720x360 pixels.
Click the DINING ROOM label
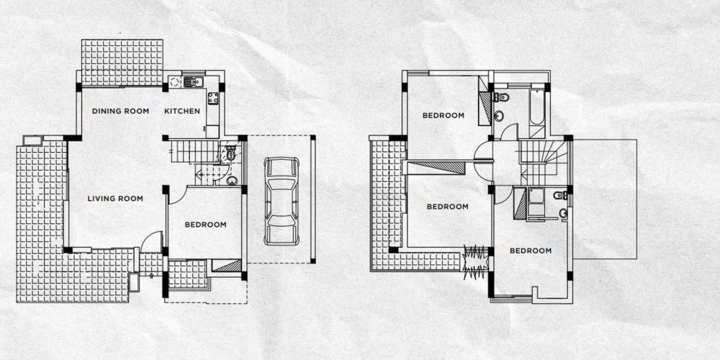point(120,111)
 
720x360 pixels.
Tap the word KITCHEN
point(182,111)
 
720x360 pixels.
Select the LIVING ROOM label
point(115,199)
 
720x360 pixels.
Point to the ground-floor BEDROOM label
point(206,225)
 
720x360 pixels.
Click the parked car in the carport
point(282,201)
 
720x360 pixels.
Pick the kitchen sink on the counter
point(194,82)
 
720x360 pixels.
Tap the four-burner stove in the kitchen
point(213,98)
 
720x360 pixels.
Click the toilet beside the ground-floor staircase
point(230,153)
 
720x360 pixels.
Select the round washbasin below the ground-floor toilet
point(233,181)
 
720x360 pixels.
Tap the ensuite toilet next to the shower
point(561,195)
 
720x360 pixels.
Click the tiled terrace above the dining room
point(122,63)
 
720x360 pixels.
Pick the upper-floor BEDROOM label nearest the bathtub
point(444,116)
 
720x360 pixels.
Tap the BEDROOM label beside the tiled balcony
point(448,207)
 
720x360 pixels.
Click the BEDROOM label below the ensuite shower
point(531,251)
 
